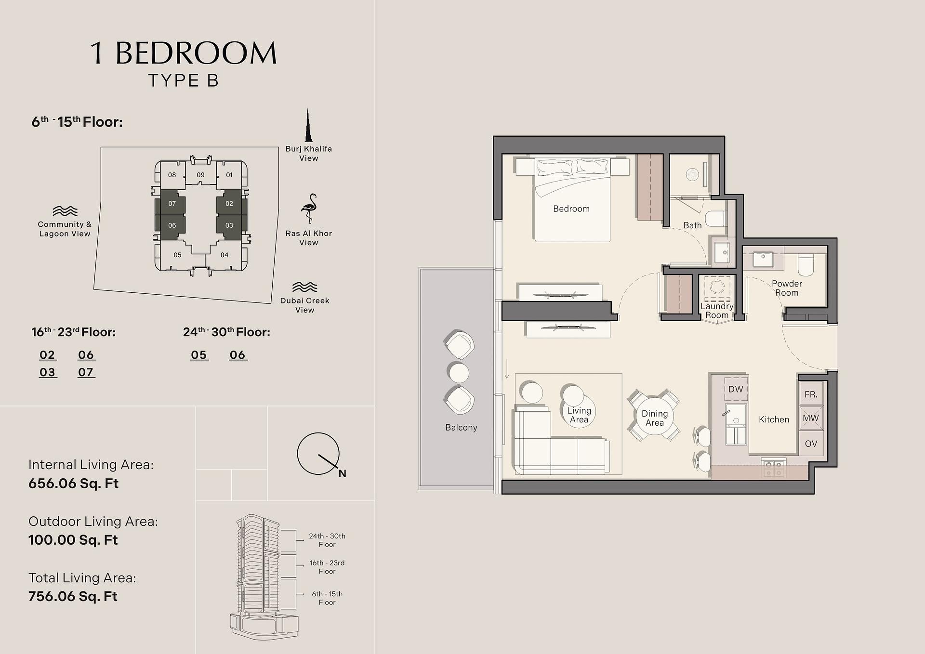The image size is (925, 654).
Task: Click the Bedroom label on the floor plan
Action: point(571,209)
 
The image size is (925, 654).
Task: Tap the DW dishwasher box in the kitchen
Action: point(736,389)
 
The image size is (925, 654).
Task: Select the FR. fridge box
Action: point(811,394)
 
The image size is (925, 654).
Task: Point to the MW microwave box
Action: point(811,418)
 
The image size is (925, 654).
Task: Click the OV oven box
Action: point(811,444)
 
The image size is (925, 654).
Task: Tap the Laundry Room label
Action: point(717,311)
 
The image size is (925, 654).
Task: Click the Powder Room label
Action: point(787,288)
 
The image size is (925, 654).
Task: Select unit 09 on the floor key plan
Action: point(200,175)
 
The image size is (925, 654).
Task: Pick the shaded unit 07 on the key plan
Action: point(172,204)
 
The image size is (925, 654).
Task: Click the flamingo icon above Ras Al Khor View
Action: point(309,208)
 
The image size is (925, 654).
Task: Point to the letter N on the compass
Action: point(342,473)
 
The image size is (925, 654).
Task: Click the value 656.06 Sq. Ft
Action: point(73,484)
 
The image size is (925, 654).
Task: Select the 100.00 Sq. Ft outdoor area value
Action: point(73,540)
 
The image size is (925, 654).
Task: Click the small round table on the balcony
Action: point(458,372)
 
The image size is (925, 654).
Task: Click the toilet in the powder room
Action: point(806,265)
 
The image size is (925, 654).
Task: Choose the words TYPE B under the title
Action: point(184,80)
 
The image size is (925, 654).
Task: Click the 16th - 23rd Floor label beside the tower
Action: point(327,567)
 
